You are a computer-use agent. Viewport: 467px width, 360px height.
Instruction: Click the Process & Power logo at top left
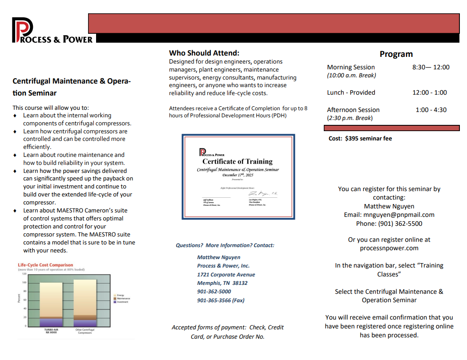52,30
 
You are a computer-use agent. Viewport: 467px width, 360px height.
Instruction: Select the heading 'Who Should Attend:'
204,53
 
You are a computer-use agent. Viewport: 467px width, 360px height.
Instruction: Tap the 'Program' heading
396,54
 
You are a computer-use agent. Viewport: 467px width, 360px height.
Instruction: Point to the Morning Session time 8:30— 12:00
431,67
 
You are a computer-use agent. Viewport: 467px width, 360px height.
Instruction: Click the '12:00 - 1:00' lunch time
430,92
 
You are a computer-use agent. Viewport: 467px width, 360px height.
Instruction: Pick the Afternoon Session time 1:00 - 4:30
431,110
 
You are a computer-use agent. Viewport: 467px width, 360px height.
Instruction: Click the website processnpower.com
389,248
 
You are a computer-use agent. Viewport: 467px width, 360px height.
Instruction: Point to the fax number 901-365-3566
214,300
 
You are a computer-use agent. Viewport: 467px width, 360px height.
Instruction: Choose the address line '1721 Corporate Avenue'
226,274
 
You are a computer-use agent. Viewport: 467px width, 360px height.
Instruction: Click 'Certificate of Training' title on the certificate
238,161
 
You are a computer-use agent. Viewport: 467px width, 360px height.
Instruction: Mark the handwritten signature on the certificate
260,194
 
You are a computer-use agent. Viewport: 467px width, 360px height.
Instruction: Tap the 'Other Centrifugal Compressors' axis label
85,331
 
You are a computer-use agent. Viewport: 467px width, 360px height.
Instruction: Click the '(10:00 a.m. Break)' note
351,76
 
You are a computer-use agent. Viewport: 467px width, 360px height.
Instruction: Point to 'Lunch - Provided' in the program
351,92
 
